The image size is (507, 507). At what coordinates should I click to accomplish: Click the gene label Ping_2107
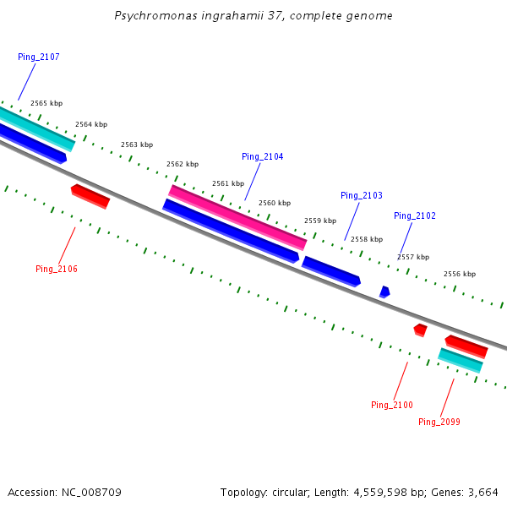(39, 57)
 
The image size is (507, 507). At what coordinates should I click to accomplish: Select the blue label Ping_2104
(263, 156)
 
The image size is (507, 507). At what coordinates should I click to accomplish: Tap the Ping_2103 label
(362, 195)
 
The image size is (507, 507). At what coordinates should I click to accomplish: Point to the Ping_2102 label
(415, 215)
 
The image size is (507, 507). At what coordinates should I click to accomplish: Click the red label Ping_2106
(57, 269)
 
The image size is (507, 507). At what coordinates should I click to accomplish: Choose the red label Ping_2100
(392, 405)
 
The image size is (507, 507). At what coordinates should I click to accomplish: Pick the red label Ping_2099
(439, 422)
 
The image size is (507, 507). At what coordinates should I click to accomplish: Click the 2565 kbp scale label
(46, 103)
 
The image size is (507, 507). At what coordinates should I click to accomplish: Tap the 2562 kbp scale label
(183, 164)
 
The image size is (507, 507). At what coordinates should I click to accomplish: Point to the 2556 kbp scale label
(460, 274)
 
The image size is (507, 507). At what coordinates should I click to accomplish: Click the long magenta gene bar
(237, 217)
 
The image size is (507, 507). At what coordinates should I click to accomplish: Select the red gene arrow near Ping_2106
(90, 196)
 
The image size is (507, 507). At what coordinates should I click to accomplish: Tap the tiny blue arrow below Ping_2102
(384, 292)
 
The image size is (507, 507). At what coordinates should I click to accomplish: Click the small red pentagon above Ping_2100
(420, 329)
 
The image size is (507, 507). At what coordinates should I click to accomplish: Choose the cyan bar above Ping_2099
(461, 360)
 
